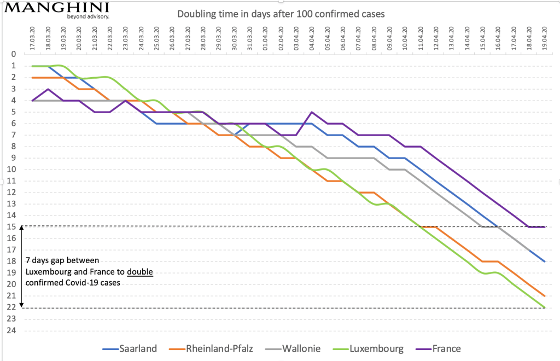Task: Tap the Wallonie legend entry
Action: [x=300, y=348]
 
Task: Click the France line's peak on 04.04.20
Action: [x=312, y=112]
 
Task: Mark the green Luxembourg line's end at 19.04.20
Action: [x=545, y=307]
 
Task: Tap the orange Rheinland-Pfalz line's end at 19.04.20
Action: [x=545, y=295]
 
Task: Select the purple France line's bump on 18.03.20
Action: [x=49, y=89]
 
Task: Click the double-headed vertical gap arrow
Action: [x=21, y=267]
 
